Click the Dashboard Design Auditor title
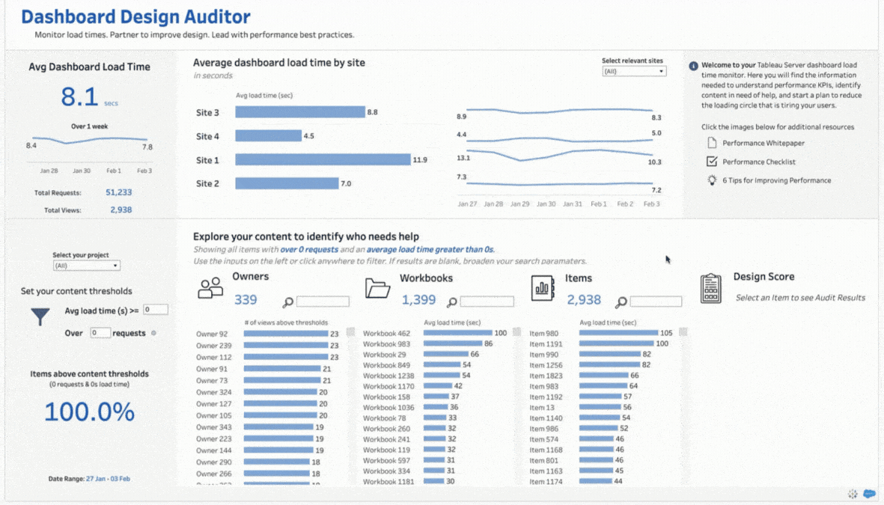coord(135,16)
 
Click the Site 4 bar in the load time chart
coord(268,136)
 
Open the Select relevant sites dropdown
coord(634,72)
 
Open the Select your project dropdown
coord(86,266)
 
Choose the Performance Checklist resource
coord(758,162)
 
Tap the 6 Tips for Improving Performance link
coord(776,180)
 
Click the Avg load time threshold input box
coord(156,310)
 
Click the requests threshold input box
coord(100,333)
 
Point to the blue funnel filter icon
coord(40,316)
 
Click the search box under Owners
coord(323,302)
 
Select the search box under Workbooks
coord(487,302)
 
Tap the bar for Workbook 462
coord(457,334)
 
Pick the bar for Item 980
coord(618,334)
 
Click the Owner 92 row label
coord(212,334)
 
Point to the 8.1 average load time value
coord(79,97)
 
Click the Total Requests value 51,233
coord(118,192)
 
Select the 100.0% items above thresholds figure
coord(89,412)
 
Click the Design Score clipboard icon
coord(710,288)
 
